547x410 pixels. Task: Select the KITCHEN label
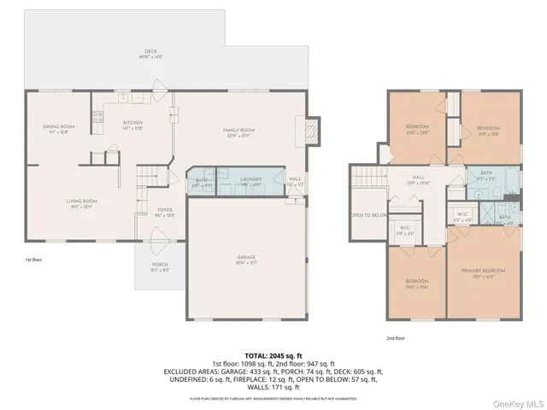[132, 125]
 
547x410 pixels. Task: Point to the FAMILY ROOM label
[239, 132]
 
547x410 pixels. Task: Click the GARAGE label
[248, 259]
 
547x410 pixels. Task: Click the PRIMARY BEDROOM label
[484, 272]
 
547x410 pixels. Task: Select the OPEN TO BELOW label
[368, 215]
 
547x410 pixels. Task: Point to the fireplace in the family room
[311, 128]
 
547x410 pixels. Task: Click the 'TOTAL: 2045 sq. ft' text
[273, 355]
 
